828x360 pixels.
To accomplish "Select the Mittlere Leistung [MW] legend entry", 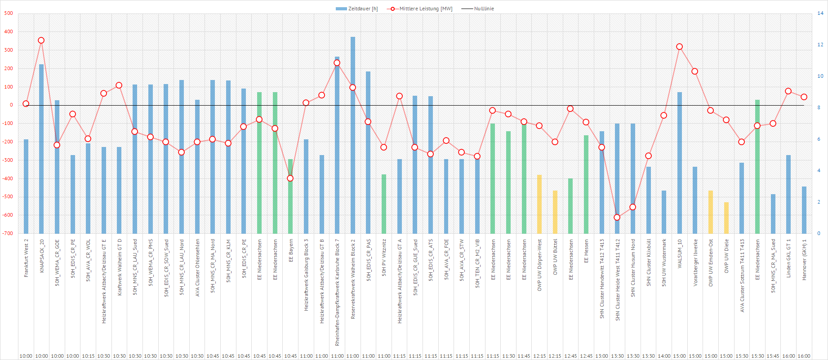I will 421,9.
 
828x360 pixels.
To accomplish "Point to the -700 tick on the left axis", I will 8,233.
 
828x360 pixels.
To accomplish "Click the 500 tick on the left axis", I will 9,13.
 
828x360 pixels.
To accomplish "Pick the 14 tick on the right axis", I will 820,13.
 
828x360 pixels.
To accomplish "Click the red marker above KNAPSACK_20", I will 41,40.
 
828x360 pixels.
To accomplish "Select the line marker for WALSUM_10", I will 679,47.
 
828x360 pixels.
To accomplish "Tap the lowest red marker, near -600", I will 617,217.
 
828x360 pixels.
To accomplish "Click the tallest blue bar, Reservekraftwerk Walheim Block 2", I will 353,135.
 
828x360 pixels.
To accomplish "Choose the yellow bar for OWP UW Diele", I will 726,218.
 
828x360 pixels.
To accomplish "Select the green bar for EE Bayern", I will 290,198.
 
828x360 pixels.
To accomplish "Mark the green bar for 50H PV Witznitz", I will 384,204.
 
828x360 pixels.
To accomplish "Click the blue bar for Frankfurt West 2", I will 26,187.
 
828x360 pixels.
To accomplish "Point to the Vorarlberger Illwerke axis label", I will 695,262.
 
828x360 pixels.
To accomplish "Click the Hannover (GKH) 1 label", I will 804,260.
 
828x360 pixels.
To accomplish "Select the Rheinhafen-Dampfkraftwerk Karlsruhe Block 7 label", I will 337,292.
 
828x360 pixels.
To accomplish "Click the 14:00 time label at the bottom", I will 664,356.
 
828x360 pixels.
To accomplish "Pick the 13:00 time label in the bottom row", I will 601,356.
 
